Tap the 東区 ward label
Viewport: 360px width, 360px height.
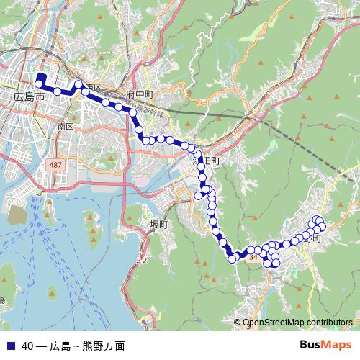[92, 88]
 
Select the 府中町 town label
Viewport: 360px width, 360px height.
[140, 94]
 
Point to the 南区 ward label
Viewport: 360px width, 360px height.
[66, 126]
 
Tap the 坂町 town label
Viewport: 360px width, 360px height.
[158, 225]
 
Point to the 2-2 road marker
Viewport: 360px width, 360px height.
[141, 260]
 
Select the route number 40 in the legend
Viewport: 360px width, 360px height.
[27, 346]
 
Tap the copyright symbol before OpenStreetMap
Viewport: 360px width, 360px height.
[238, 323]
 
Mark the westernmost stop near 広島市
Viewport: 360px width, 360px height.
[39, 84]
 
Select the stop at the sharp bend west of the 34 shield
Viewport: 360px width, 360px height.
[232, 259]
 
